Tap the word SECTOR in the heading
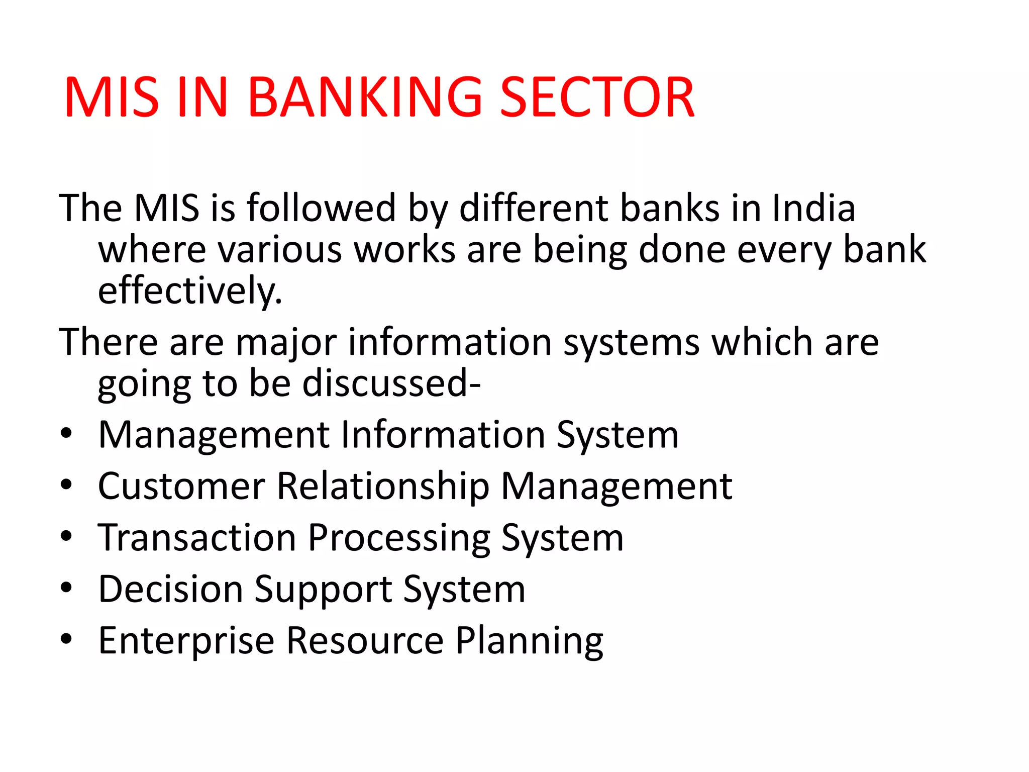[597, 98]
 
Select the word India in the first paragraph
[813, 208]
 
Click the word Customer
[181, 486]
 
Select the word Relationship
[383, 486]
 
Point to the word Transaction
[197, 538]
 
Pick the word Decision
[171, 589]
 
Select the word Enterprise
[186, 641]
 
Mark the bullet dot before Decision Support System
[66, 587]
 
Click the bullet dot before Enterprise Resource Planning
[66, 639]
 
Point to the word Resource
[365, 641]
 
